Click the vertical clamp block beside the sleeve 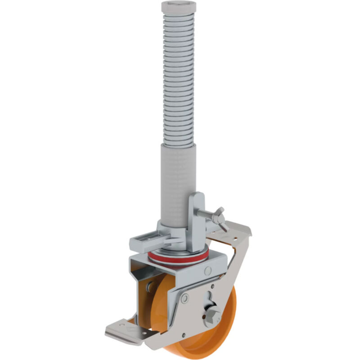tap(196, 220)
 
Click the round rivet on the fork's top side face tap(207, 271)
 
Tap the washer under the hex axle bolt tap(211, 319)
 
